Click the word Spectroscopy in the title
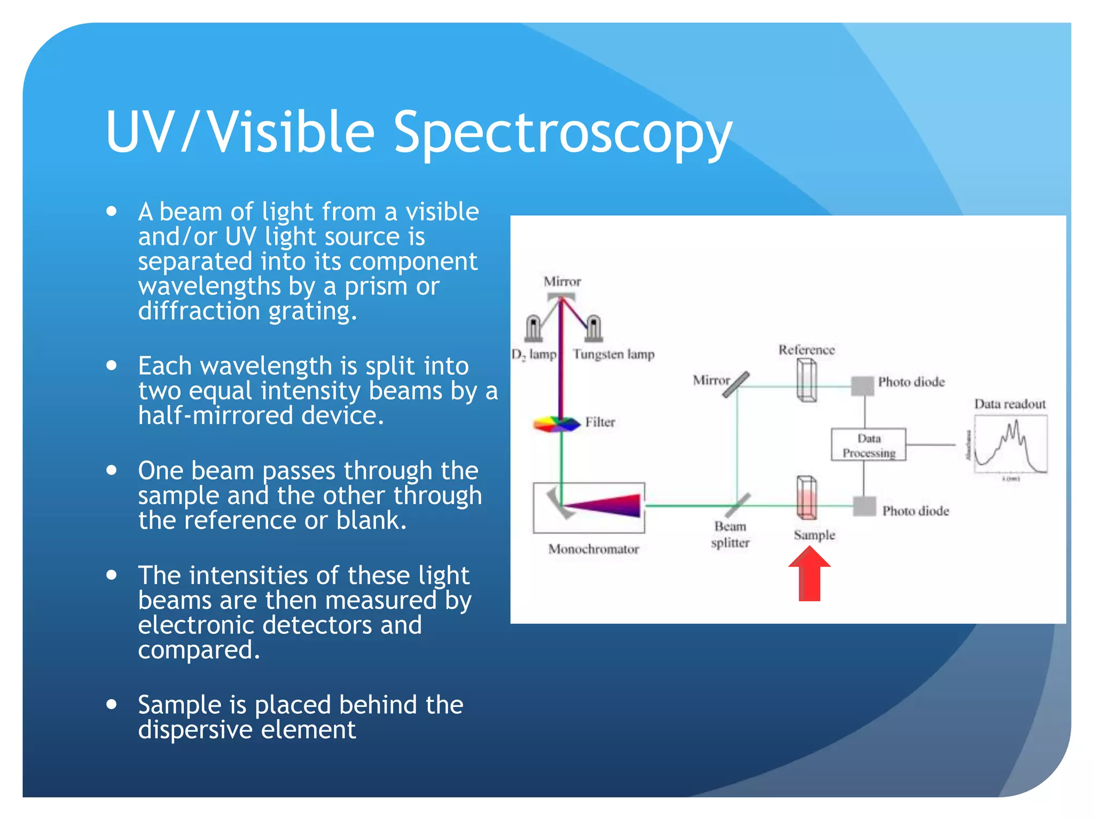pyautogui.click(x=562, y=132)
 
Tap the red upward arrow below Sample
pyautogui.click(x=809, y=575)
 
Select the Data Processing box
pyautogui.click(x=868, y=445)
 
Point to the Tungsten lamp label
pyautogui.click(x=613, y=354)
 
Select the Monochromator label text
pyautogui.click(x=593, y=549)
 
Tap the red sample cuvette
pyautogui.click(x=806, y=498)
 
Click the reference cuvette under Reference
pyautogui.click(x=806, y=380)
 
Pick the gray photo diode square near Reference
pyautogui.click(x=862, y=385)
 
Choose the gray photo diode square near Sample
pyautogui.click(x=864, y=506)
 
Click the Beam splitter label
pyautogui.click(x=730, y=534)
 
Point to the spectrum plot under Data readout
pyautogui.click(x=1010, y=445)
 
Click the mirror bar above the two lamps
pyautogui.click(x=561, y=296)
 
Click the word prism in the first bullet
pyautogui.click(x=377, y=287)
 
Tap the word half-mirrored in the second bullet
pyautogui.click(x=215, y=415)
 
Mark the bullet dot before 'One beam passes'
pyautogui.click(x=112, y=470)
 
